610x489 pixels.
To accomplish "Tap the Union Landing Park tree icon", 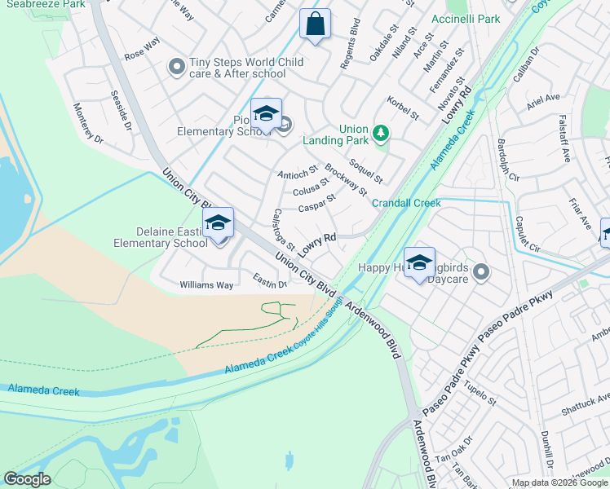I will (x=380, y=133).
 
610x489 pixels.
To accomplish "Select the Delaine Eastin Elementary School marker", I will (x=219, y=223).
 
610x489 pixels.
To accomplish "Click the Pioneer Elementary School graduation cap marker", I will (x=266, y=114).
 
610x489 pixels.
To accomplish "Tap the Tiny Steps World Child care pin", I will (x=177, y=68).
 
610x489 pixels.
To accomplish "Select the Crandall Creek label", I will (x=406, y=203).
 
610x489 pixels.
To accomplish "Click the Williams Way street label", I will (x=206, y=285).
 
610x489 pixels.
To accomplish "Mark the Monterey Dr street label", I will (x=89, y=123).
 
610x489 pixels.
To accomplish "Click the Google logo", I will (x=27, y=479).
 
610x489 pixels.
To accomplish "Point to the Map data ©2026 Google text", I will (x=559, y=482).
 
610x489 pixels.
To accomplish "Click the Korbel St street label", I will (x=403, y=109).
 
